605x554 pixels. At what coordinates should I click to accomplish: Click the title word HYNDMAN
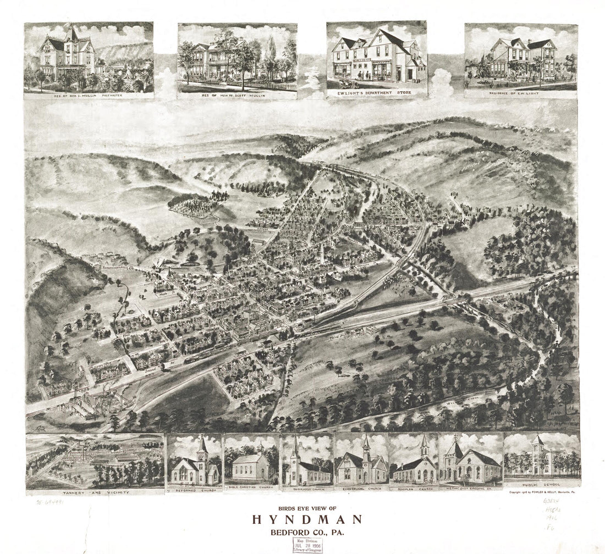(307, 519)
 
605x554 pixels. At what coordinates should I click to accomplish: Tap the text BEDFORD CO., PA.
(307, 532)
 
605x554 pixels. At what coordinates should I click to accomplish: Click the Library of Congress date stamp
(307, 545)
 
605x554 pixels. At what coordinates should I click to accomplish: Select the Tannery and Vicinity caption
(94, 492)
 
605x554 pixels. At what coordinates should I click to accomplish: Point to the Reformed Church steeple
(202, 445)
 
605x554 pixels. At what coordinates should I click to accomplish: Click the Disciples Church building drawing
(416, 464)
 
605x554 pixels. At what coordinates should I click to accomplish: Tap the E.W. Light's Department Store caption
(376, 94)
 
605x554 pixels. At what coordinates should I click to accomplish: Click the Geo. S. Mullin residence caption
(88, 95)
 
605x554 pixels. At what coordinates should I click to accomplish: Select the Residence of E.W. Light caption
(520, 94)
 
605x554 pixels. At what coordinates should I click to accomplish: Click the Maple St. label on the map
(163, 295)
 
